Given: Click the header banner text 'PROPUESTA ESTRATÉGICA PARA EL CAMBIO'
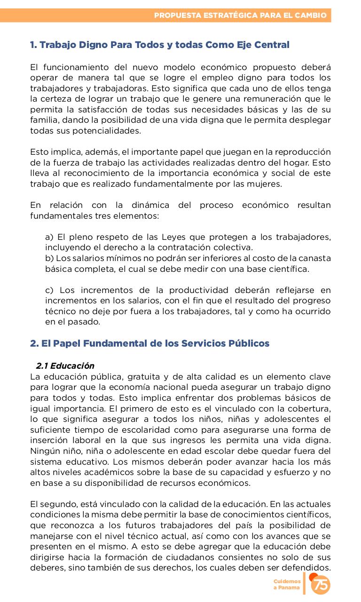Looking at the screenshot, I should point(240,16).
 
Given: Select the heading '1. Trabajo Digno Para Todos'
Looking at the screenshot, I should point(159,45).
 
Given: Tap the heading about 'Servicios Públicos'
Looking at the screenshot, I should point(149,343).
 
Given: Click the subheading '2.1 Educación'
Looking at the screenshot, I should point(65,366).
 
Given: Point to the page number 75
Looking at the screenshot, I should point(322,585).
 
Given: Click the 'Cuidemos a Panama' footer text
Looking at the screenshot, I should point(287,585).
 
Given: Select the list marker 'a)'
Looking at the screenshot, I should point(49,237).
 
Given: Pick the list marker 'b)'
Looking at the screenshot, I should point(49,258).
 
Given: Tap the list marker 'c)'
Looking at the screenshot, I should point(49,290).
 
